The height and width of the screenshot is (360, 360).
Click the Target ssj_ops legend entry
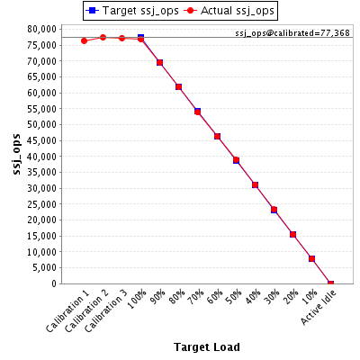[x=132, y=11]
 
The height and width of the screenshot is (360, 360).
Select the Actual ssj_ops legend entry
[x=229, y=11]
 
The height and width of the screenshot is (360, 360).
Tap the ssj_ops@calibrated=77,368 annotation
[x=292, y=33]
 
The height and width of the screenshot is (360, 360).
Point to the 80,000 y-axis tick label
[x=42, y=29]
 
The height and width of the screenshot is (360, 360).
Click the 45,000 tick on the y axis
[x=42, y=140]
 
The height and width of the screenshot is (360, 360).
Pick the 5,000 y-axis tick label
[x=44, y=267]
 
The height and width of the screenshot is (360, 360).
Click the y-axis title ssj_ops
[x=16, y=154]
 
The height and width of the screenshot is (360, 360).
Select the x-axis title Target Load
[x=207, y=347]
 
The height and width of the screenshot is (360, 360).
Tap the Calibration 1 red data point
[x=84, y=40]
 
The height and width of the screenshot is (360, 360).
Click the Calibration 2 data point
[x=103, y=38]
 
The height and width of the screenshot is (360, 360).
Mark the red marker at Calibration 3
[x=121, y=38]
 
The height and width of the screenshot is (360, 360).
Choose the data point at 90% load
[x=159, y=62]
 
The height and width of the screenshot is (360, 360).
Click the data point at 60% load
[x=217, y=137]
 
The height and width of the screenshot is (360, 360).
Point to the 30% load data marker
[x=274, y=210]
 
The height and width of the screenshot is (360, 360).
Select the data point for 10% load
[x=311, y=258]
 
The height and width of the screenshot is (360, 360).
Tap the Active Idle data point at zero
[x=330, y=283]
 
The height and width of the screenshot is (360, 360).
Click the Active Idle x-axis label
[x=319, y=308]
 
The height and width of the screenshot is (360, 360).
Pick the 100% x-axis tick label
[x=137, y=299]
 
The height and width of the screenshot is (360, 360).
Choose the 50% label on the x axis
[x=234, y=297]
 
